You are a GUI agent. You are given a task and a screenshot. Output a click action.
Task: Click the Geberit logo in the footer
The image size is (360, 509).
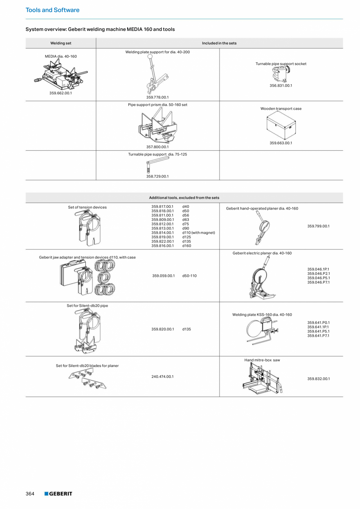[58, 494]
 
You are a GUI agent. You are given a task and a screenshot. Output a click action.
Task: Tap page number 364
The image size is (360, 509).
[30, 494]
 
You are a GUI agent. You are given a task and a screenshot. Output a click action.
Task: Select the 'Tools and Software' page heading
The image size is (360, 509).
[52, 10]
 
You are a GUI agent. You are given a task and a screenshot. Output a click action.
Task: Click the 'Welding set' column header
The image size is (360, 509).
[61, 43]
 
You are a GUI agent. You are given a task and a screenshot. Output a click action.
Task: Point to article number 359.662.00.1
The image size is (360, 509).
[61, 93]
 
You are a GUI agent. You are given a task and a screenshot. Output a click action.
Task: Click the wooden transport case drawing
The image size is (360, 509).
[281, 125]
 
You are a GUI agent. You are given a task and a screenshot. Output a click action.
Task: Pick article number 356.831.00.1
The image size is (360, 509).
[281, 85]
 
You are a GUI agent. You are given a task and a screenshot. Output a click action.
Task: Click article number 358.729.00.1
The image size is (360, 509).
[157, 176]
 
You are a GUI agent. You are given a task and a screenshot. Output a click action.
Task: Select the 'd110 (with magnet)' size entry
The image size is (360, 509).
[198, 233]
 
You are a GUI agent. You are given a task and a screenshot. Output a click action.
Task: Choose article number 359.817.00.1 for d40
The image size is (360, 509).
[162, 206]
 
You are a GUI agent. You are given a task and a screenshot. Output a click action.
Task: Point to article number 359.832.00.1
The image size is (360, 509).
[319, 379]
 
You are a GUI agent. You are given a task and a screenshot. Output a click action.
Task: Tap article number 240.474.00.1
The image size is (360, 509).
[162, 376]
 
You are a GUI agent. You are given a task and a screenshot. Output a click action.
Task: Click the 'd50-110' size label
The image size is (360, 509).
[189, 276]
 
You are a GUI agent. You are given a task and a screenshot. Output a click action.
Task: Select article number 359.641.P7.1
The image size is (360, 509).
[319, 336]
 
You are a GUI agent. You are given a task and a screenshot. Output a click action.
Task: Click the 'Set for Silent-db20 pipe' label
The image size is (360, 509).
[87, 305]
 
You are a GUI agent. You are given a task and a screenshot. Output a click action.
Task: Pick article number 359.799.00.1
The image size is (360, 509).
[319, 226]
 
